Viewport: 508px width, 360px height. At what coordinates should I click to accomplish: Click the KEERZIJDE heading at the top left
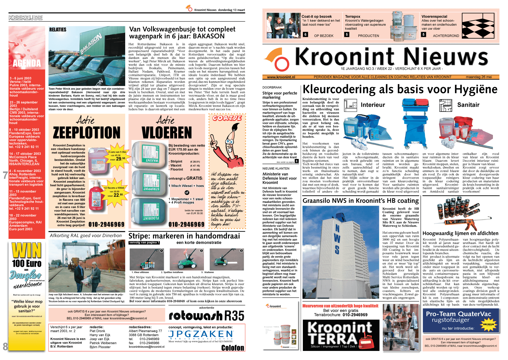point(26,18)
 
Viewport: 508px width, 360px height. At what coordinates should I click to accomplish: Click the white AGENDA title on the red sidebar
point(27,63)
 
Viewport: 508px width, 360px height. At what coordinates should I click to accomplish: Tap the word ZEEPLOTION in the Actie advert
point(87,133)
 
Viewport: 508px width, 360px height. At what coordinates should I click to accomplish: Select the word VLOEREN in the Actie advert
point(167,133)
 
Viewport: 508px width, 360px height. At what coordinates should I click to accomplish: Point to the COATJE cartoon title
point(227,118)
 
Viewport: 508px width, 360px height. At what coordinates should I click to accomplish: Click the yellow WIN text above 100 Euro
point(27,251)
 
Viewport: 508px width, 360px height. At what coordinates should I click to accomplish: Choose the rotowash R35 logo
point(206,316)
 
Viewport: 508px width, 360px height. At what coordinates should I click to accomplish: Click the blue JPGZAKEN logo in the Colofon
point(201,334)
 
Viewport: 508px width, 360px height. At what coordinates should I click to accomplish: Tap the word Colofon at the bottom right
point(232,348)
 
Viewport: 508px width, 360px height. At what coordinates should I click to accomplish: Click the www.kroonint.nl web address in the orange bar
point(281,77)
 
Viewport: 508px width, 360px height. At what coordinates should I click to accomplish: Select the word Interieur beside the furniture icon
point(373,105)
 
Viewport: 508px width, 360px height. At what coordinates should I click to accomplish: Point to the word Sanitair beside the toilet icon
point(468,105)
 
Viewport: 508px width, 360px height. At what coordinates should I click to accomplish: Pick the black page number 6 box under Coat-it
point(305,35)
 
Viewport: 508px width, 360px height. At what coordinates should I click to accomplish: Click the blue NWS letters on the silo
point(337,239)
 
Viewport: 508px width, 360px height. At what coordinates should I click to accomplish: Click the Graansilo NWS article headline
point(360,201)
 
